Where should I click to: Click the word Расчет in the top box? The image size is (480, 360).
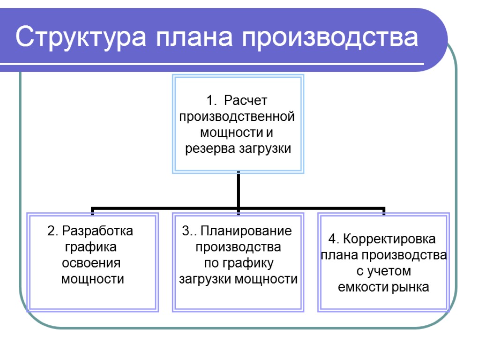(245, 100)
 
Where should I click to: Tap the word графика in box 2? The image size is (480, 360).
(91, 247)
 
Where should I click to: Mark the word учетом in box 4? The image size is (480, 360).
(389, 271)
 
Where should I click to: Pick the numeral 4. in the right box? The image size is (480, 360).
(333, 239)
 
